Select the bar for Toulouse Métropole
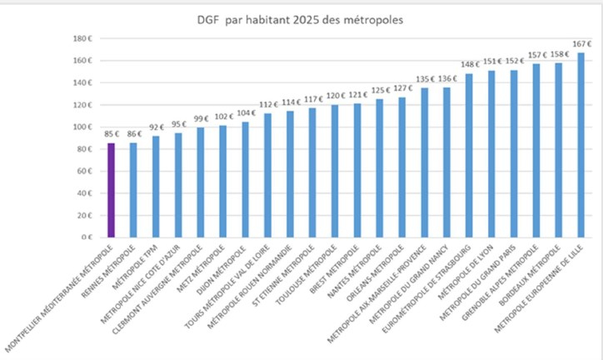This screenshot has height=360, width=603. click(x=334, y=171)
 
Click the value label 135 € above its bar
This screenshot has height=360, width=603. click(x=423, y=80)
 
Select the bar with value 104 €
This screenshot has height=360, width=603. click(x=244, y=179)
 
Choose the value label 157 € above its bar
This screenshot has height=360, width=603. click(x=536, y=55)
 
